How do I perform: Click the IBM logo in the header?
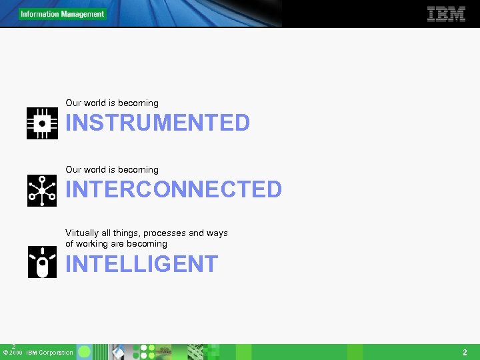(446, 14)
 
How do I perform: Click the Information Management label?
(62, 14)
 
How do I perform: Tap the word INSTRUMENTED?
(157, 123)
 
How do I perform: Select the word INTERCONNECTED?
(173, 189)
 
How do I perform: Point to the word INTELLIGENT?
(141, 264)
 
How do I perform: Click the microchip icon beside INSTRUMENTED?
(42, 123)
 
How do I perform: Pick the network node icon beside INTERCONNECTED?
(42, 191)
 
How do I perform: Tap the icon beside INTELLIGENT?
(42, 262)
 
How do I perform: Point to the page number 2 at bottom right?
(465, 352)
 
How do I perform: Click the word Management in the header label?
(83, 14)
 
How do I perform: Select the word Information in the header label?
(39, 14)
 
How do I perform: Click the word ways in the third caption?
(217, 233)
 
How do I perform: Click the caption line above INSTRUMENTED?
(112, 103)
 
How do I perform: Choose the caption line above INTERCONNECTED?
(112, 170)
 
